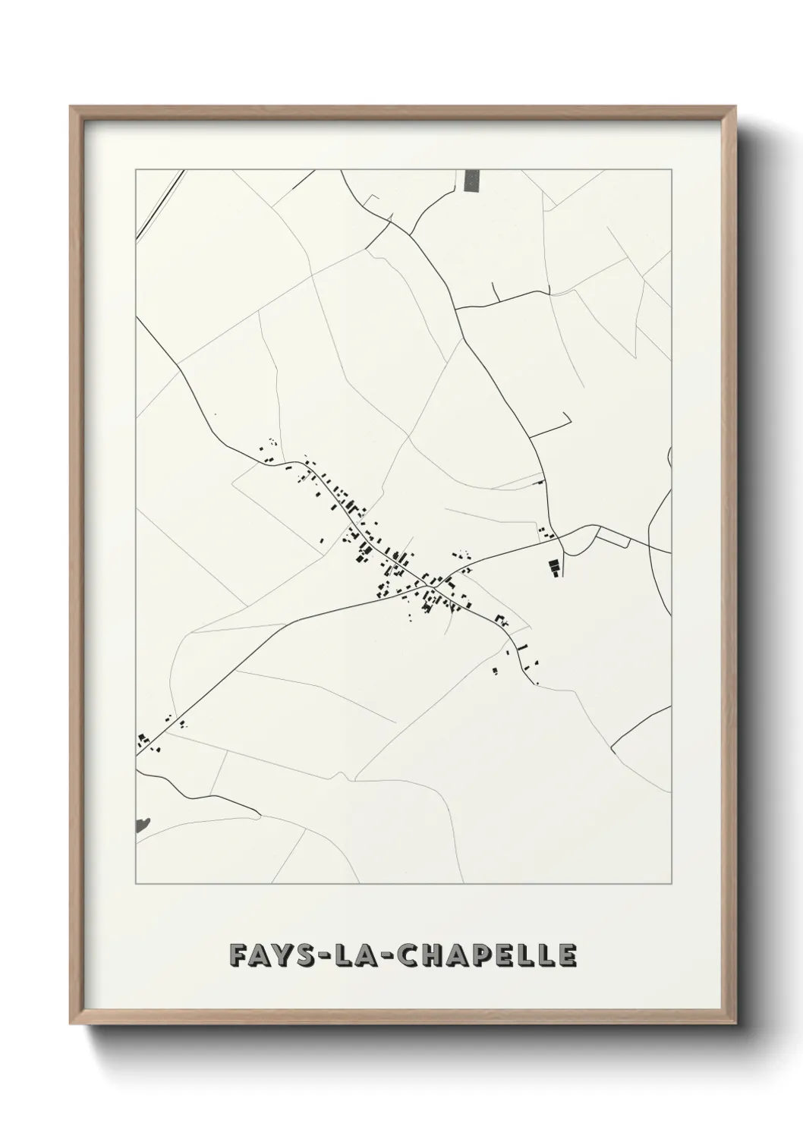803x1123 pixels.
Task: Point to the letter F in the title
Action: pos(235,955)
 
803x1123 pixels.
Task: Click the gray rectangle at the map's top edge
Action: pos(472,181)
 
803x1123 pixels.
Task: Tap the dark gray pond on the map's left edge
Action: pos(142,825)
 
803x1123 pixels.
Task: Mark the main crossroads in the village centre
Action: pos(420,585)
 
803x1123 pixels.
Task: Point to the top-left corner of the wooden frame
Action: pos(71,107)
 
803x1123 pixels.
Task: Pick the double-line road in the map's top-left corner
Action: pos(161,201)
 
